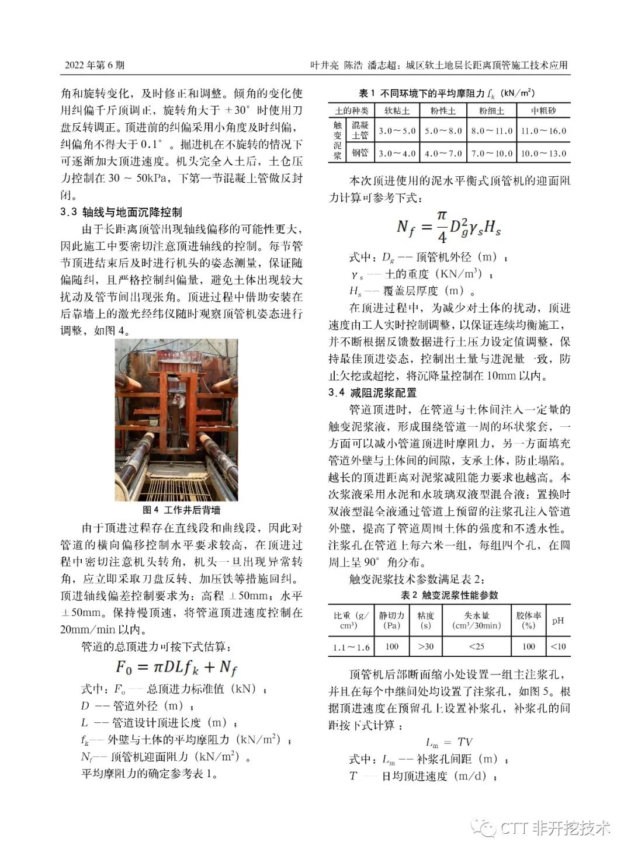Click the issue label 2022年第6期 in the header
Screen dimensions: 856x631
(94, 65)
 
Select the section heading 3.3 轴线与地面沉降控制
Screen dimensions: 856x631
(121, 212)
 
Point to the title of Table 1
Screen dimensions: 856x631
(446, 93)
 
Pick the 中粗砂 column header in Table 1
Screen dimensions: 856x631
(543, 110)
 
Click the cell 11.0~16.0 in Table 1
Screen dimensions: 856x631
(543, 131)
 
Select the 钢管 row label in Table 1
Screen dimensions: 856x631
(360, 152)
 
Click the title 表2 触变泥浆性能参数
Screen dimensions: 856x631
(449, 595)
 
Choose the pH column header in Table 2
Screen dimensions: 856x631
(558, 620)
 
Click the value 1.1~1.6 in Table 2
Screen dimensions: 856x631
(351, 646)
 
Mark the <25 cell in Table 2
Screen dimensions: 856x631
(476, 646)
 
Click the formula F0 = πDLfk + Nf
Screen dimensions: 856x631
(176, 667)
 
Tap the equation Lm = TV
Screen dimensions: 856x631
(449, 742)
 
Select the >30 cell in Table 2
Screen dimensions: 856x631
(426, 646)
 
